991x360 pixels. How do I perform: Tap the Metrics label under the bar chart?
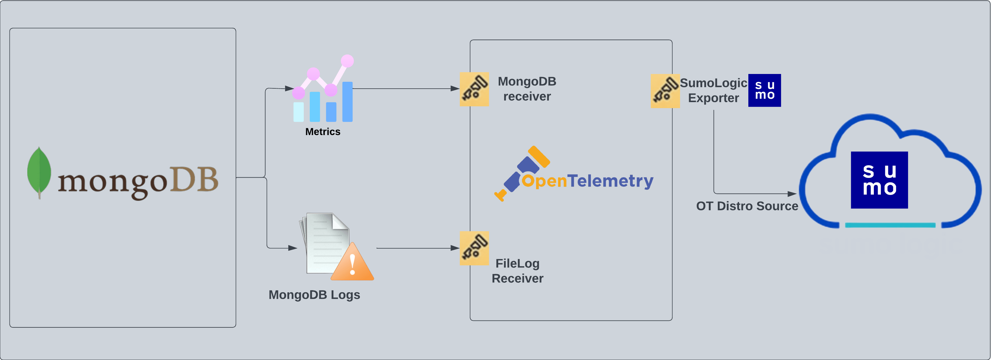[x=322, y=131]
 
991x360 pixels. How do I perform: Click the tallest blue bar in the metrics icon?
[x=348, y=102]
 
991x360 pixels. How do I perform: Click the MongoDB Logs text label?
[x=314, y=295]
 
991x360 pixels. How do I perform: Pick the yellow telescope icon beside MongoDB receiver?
[x=474, y=89]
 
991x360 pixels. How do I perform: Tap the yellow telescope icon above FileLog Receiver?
[x=474, y=248]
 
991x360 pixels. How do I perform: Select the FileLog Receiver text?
[x=517, y=271]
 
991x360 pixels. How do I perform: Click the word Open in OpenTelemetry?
[x=544, y=181]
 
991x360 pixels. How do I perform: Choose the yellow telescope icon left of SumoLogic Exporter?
[x=665, y=91]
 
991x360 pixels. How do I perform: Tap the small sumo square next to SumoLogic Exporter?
[x=765, y=90]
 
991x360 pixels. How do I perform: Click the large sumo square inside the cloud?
[x=879, y=180]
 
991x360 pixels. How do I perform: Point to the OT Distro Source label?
[x=747, y=206]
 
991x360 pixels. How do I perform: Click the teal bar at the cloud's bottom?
[x=890, y=225]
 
